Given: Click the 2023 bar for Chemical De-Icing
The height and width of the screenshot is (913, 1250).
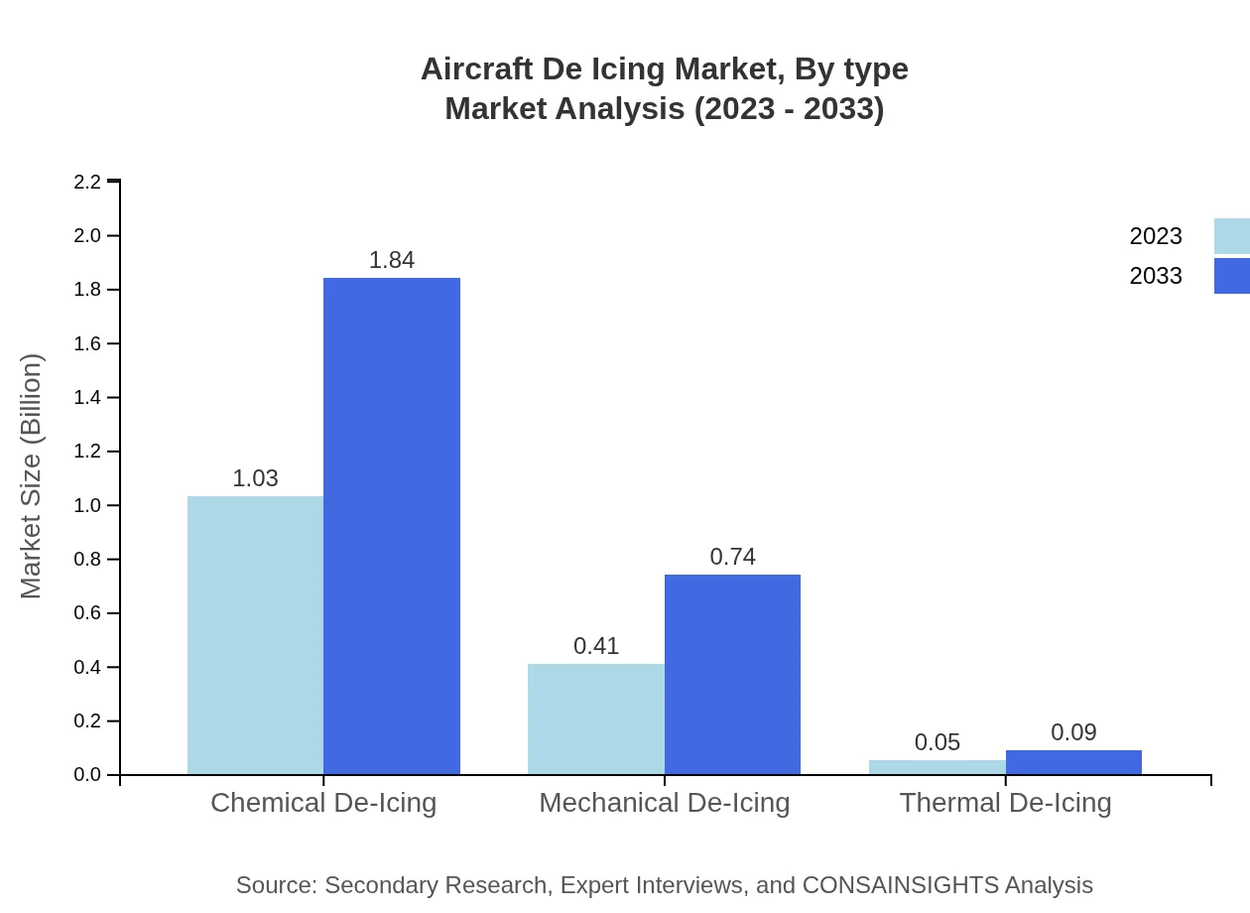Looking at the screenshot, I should point(255,635).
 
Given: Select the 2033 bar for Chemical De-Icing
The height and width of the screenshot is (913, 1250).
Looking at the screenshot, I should point(392,526).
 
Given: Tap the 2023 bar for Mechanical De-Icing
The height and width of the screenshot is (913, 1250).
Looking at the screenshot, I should point(596,719).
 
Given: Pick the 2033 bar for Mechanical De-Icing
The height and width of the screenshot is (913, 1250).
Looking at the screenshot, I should point(732,675).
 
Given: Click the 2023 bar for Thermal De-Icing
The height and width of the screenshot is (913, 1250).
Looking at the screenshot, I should point(937,767).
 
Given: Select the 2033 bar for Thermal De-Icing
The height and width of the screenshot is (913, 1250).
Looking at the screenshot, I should point(1073,762).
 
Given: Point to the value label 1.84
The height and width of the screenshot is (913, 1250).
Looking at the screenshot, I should point(392,260).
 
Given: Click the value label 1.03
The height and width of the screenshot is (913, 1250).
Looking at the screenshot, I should point(255,478).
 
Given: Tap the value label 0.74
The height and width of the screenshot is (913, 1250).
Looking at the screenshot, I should point(732,557).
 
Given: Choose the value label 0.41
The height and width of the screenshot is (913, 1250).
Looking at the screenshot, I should point(596,646).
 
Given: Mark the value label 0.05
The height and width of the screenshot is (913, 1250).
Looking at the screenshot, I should point(937,742).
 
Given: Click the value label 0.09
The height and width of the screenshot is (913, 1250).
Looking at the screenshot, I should point(1073,732).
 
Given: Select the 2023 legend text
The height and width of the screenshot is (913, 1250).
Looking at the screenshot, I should point(1156,236).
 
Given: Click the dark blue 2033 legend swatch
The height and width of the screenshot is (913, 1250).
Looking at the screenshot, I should point(1232,276).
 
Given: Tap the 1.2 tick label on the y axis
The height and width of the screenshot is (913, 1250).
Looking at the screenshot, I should point(88,452).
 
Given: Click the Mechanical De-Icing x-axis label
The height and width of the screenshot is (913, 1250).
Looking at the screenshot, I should point(665,802).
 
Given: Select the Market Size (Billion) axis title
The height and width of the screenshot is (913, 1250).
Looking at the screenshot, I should point(31,476).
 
